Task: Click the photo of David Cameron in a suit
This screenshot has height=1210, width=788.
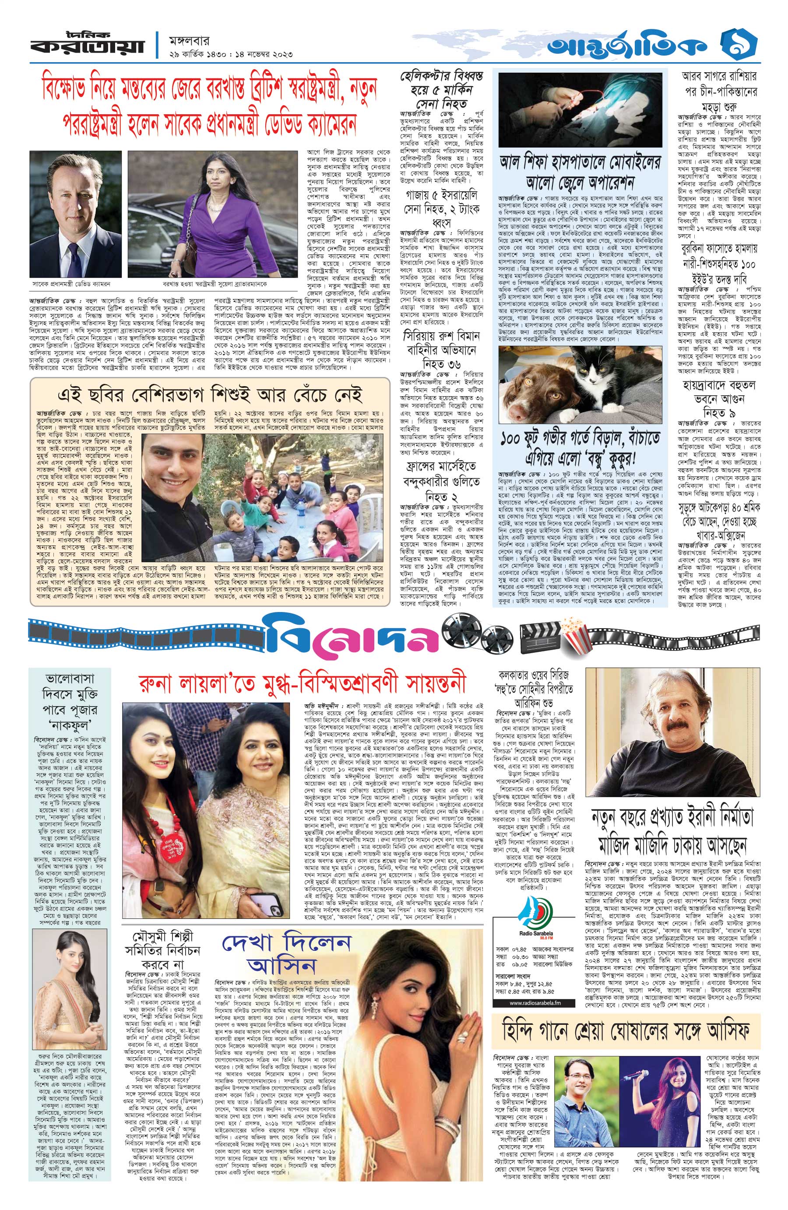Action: pos(75,213)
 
